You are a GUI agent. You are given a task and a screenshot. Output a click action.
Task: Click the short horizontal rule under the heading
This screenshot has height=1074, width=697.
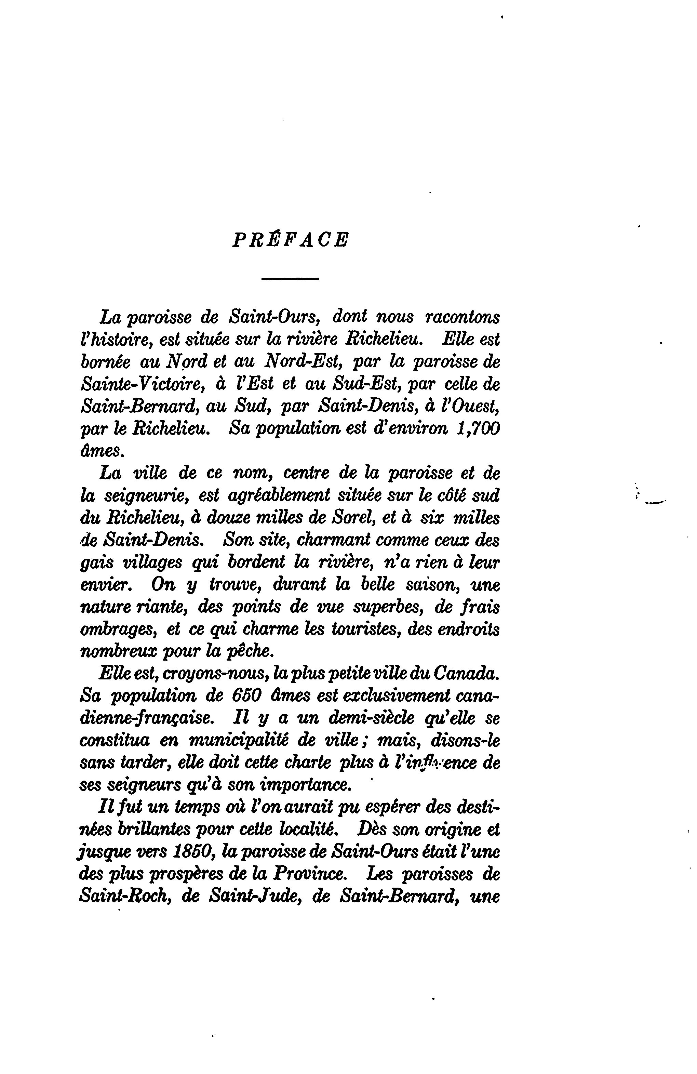(x=290, y=278)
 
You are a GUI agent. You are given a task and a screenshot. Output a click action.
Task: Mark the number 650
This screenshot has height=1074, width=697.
(x=247, y=695)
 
